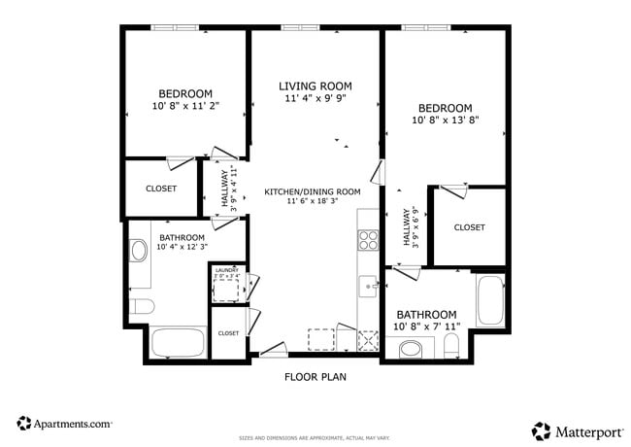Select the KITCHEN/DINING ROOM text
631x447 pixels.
tap(313, 191)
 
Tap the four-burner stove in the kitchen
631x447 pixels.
tap(368, 239)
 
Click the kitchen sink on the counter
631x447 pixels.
tap(368, 286)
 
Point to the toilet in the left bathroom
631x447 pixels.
tap(142, 308)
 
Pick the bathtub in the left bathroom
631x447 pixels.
tap(179, 342)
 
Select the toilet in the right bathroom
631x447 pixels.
tap(450, 346)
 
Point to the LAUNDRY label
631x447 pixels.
tap(226, 270)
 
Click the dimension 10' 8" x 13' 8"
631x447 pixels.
tap(446, 120)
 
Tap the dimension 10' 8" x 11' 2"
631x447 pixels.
tap(185, 105)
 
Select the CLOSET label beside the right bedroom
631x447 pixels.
tap(469, 227)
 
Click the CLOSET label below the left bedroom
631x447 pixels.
tap(161, 189)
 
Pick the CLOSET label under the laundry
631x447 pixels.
tap(228, 333)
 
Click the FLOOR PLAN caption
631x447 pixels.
tap(315, 376)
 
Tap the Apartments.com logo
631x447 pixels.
tap(64, 424)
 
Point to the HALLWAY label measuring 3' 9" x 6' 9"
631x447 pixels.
tap(409, 225)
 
